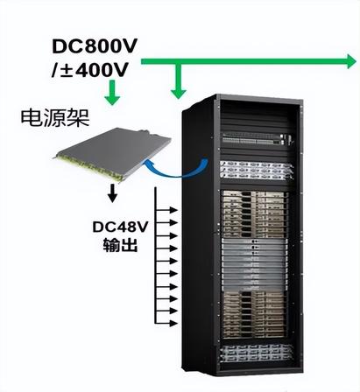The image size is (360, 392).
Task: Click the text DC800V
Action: (95, 46)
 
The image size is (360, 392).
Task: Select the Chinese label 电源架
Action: (55, 118)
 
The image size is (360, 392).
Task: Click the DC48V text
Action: (120, 227)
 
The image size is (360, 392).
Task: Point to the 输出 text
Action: (120, 246)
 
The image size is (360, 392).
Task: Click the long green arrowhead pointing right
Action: (351, 61)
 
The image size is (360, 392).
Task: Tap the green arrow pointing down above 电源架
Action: (112, 93)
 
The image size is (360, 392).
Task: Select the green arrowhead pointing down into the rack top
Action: (179, 94)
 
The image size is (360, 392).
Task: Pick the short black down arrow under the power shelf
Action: (112, 193)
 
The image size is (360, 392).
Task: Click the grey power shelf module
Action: (112, 154)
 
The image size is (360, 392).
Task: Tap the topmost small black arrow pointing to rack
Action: (166, 210)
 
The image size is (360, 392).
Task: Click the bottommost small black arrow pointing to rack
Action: (166, 323)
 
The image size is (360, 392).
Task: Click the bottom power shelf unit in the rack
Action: (256, 353)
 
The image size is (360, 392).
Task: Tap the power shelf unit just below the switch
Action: (257, 170)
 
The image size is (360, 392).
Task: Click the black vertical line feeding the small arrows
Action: (156, 255)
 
